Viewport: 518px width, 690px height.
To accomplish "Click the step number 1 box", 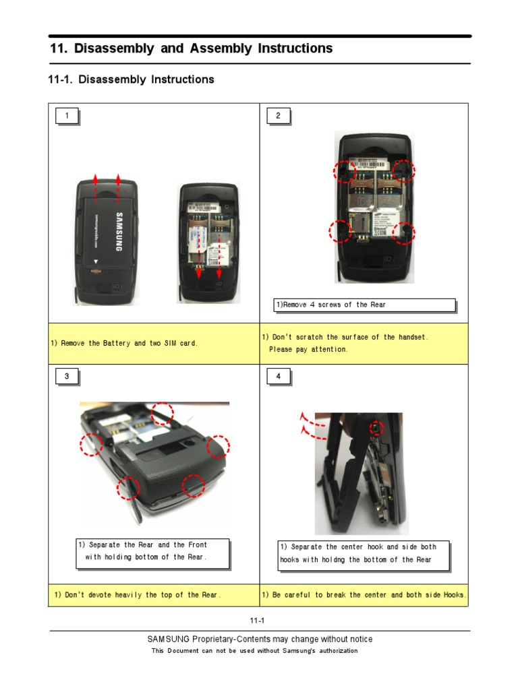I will click(x=66, y=117).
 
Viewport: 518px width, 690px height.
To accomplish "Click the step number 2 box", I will click(x=278, y=117).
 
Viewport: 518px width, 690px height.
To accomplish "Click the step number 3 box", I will click(x=66, y=377).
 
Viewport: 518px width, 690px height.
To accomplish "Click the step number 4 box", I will click(x=278, y=377).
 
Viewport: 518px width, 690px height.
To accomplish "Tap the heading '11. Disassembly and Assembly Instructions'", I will click(x=192, y=49).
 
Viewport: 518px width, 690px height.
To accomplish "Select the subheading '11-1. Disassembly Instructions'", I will click(x=132, y=80).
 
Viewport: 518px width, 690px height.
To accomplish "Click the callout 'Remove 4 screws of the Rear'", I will click(x=364, y=305).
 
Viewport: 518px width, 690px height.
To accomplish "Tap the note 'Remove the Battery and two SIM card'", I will click(x=125, y=344).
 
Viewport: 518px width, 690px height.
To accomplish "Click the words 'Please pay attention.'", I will click(x=308, y=350).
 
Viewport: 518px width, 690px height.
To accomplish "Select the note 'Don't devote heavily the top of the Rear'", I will click(x=138, y=595).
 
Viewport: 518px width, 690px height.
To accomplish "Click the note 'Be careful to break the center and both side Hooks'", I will click(x=364, y=595).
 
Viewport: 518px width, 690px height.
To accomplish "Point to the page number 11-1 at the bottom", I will click(x=259, y=621).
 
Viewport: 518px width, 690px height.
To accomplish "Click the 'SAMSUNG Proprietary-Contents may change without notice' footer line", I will click(x=260, y=639).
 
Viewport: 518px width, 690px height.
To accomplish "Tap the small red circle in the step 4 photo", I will click(x=376, y=427).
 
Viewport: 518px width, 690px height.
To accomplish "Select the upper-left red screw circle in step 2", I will click(x=345, y=171).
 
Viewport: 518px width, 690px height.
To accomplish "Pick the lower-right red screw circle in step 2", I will click(x=404, y=232).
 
